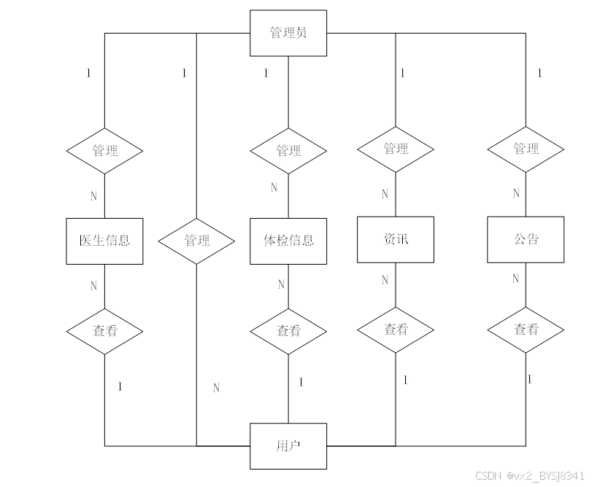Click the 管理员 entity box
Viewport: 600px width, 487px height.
pos(288,33)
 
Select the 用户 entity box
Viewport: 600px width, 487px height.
pos(288,445)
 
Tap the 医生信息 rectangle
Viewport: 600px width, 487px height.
pos(104,240)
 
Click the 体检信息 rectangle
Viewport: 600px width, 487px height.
pos(288,240)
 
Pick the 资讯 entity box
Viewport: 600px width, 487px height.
pos(396,239)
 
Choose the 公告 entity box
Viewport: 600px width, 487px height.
pos(526,239)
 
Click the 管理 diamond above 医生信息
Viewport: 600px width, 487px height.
pos(104,151)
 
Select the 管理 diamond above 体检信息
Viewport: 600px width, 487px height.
pos(288,151)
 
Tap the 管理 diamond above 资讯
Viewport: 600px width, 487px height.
pos(396,149)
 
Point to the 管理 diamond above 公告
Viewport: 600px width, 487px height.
pos(526,149)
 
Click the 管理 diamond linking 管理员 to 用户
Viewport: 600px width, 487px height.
pos(197,240)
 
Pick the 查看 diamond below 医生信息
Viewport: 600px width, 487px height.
pos(104,330)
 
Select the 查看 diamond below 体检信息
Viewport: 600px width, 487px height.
pos(288,330)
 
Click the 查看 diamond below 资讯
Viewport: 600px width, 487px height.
pos(396,329)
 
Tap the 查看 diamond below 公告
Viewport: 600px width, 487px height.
pos(526,330)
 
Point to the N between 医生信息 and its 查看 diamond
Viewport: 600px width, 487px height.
pos(93,286)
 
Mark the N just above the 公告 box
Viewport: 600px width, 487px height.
pos(516,194)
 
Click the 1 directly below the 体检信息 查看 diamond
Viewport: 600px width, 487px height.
pos(300,382)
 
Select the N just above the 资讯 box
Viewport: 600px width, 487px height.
pos(385,195)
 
